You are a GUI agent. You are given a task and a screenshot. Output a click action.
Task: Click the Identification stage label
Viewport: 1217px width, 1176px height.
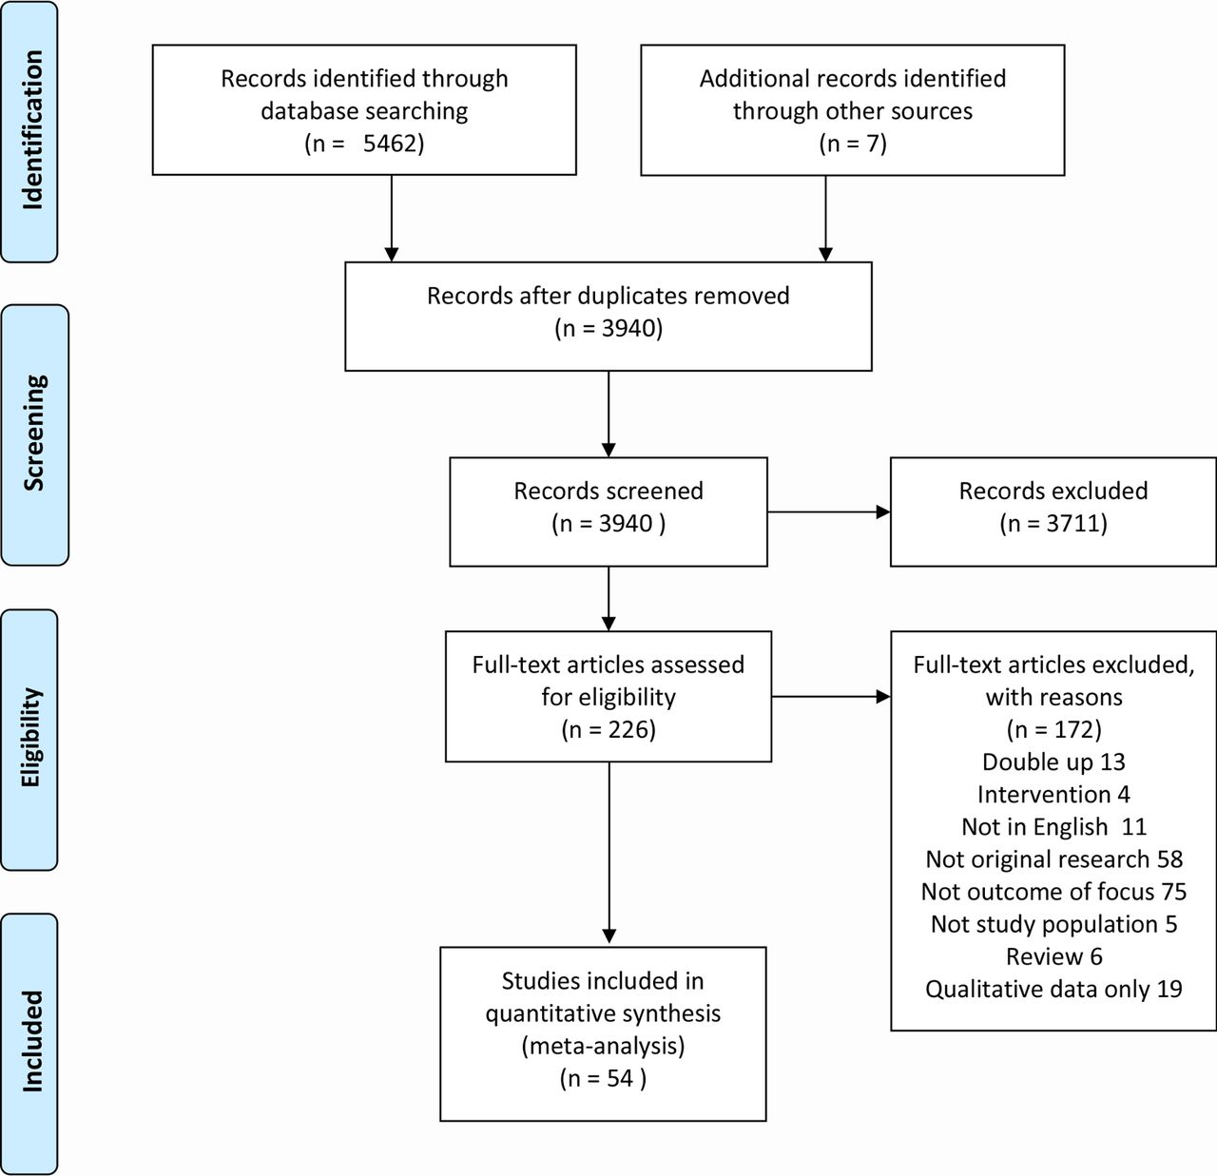click(x=32, y=130)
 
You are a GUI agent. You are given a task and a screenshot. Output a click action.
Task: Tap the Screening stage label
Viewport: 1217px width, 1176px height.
click(x=34, y=433)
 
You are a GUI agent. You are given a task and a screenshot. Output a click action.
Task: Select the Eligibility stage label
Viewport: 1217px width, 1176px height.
click(x=31, y=737)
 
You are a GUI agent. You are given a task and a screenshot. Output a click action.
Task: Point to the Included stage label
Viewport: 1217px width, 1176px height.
click(x=32, y=1042)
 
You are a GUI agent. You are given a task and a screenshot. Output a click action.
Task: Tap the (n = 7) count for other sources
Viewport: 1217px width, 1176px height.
click(x=853, y=144)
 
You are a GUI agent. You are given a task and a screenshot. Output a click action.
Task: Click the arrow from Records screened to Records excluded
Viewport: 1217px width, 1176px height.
click(x=829, y=512)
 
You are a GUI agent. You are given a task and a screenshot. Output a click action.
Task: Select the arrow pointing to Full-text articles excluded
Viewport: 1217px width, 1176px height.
click(x=831, y=697)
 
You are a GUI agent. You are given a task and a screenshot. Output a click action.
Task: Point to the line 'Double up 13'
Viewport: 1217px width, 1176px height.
click(x=1053, y=762)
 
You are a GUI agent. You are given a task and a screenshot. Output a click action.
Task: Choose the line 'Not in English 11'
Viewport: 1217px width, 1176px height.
click(x=1053, y=826)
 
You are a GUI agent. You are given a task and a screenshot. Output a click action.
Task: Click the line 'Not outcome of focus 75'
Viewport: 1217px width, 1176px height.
click(x=1053, y=892)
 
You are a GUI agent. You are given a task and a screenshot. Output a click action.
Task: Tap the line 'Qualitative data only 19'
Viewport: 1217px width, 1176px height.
click(x=1053, y=989)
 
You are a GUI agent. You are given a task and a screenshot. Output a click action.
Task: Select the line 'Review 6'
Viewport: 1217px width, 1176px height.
click(x=1053, y=956)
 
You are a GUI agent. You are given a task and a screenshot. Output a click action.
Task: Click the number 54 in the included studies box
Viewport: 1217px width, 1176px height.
click(x=620, y=1078)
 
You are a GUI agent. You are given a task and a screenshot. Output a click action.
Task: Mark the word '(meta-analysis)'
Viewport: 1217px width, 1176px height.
click(x=603, y=1046)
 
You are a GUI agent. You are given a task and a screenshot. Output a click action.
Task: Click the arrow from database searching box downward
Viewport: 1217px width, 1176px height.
click(x=392, y=219)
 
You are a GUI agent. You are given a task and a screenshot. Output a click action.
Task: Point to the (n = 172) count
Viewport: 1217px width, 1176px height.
click(x=1053, y=729)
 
